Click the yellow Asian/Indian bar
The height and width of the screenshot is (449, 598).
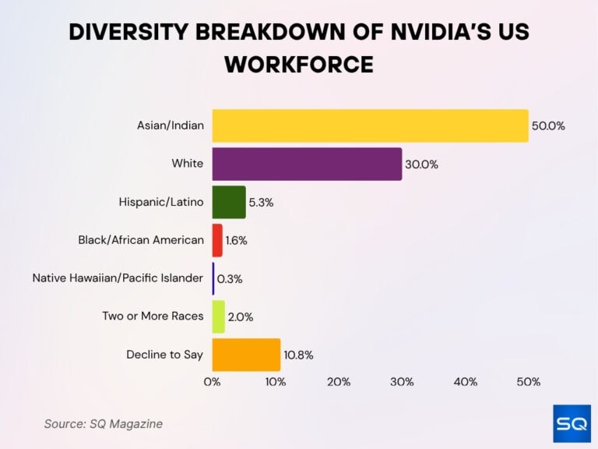[370, 126]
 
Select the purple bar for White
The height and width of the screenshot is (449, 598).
[307, 164]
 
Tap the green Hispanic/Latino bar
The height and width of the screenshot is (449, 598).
[229, 202]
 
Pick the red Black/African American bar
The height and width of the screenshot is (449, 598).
[217, 240]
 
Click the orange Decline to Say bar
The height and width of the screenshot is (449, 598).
[246, 355]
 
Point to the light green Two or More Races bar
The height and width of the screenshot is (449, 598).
[219, 316]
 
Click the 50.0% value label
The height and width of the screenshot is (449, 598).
[548, 126]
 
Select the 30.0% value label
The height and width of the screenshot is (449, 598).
[421, 164]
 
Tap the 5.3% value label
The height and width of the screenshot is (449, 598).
[261, 203]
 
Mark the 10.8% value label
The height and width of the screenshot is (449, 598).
[298, 355]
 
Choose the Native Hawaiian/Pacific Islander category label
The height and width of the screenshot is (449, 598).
[118, 278]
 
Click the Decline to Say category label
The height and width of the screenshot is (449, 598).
[164, 355]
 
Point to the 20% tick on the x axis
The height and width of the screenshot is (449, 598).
[339, 382]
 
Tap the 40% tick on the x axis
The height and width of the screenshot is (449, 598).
[465, 382]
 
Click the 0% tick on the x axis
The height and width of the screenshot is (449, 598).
[212, 382]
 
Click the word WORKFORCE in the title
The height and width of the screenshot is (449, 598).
[299, 65]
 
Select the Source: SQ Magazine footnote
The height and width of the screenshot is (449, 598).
[103, 423]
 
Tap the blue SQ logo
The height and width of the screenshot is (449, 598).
[571, 424]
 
